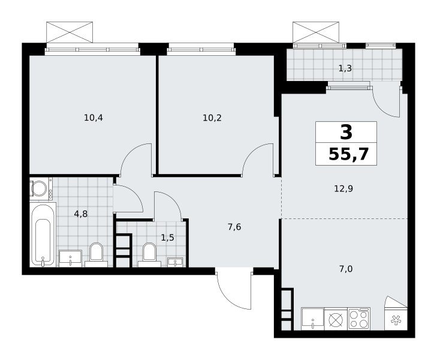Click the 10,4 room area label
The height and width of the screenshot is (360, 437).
(94, 118)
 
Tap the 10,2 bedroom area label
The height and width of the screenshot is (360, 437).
(212, 118)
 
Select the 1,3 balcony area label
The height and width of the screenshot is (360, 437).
(345, 68)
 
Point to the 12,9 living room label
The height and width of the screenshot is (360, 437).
(343, 189)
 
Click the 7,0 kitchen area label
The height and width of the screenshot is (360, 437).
(346, 269)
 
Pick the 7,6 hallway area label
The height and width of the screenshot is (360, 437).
(234, 227)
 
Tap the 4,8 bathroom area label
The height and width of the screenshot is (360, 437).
(81, 214)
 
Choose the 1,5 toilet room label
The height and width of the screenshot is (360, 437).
(168, 238)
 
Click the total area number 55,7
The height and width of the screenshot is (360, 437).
(349, 154)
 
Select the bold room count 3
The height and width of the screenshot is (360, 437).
(346, 132)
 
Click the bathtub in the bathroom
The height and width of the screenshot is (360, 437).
(43, 235)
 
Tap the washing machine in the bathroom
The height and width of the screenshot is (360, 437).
(41, 189)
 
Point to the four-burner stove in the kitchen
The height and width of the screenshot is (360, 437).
(359, 319)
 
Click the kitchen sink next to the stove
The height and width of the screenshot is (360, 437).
(313, 319)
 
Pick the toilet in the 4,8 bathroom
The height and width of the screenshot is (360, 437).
(96, 255)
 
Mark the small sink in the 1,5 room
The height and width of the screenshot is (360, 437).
(175, 262)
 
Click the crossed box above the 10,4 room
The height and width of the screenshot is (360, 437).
(70, 32)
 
